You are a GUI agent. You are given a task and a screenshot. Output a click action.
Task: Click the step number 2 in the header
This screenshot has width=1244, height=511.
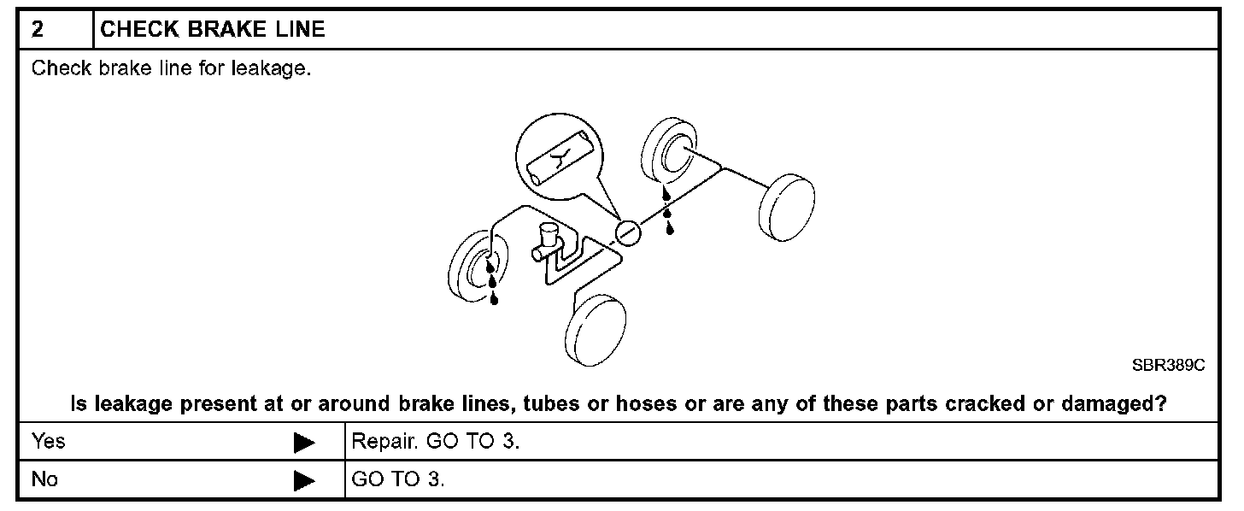38,29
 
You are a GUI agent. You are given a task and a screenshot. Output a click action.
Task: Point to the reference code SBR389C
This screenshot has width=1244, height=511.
1168,365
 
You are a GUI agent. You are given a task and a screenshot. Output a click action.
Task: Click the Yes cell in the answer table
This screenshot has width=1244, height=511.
48,442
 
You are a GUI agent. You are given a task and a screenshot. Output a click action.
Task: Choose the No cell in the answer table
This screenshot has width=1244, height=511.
44,479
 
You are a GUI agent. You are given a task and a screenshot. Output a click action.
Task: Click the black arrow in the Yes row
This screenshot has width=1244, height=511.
304,443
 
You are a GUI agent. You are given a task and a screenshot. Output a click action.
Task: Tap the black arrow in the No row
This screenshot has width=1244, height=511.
304,481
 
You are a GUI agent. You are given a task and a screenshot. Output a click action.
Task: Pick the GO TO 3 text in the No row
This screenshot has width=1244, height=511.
398,479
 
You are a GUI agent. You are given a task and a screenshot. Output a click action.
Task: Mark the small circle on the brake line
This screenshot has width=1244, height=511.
627,232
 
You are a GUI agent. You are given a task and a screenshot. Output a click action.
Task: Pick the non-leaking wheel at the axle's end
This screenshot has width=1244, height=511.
783,207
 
